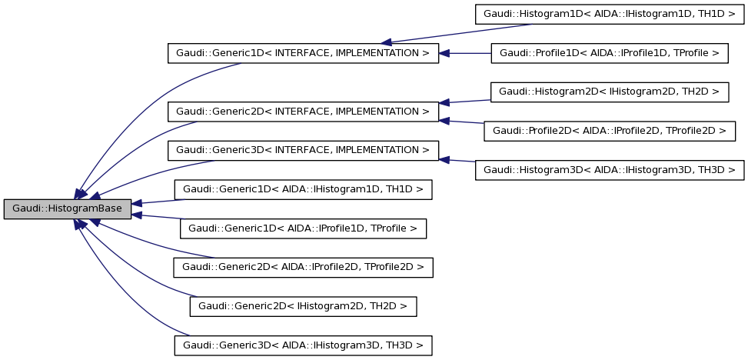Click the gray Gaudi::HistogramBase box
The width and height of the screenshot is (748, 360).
point(68,208)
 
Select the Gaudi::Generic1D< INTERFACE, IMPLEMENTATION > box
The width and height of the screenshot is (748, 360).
point(303,53)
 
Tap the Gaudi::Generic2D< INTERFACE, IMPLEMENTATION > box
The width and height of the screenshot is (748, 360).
point(303,112)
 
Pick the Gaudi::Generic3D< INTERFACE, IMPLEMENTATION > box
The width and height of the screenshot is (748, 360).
point(303,150)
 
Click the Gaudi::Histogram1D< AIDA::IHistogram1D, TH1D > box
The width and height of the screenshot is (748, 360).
point(610,14)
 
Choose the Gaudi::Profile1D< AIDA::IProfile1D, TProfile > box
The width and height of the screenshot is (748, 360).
point(610,53)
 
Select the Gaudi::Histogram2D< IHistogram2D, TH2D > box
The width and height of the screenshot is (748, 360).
point(609,92)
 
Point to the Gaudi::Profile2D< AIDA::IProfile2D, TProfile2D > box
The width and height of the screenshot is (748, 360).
point(609,131)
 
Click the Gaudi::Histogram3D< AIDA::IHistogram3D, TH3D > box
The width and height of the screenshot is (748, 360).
point(610,170)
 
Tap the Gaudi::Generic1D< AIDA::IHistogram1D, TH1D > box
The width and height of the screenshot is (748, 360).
point(303,189)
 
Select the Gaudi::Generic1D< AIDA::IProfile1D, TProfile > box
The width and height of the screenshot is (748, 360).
point(303,228)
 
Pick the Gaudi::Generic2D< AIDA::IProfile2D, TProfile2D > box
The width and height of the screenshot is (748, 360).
point(303,267)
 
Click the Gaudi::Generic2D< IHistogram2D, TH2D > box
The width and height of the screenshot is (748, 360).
point(303,306)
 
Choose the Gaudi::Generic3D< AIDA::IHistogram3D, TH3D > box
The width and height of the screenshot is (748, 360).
point(303,345)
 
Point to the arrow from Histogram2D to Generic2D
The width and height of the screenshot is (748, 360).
point(465,101)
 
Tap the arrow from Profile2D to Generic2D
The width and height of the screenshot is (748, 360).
point(461,121)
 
